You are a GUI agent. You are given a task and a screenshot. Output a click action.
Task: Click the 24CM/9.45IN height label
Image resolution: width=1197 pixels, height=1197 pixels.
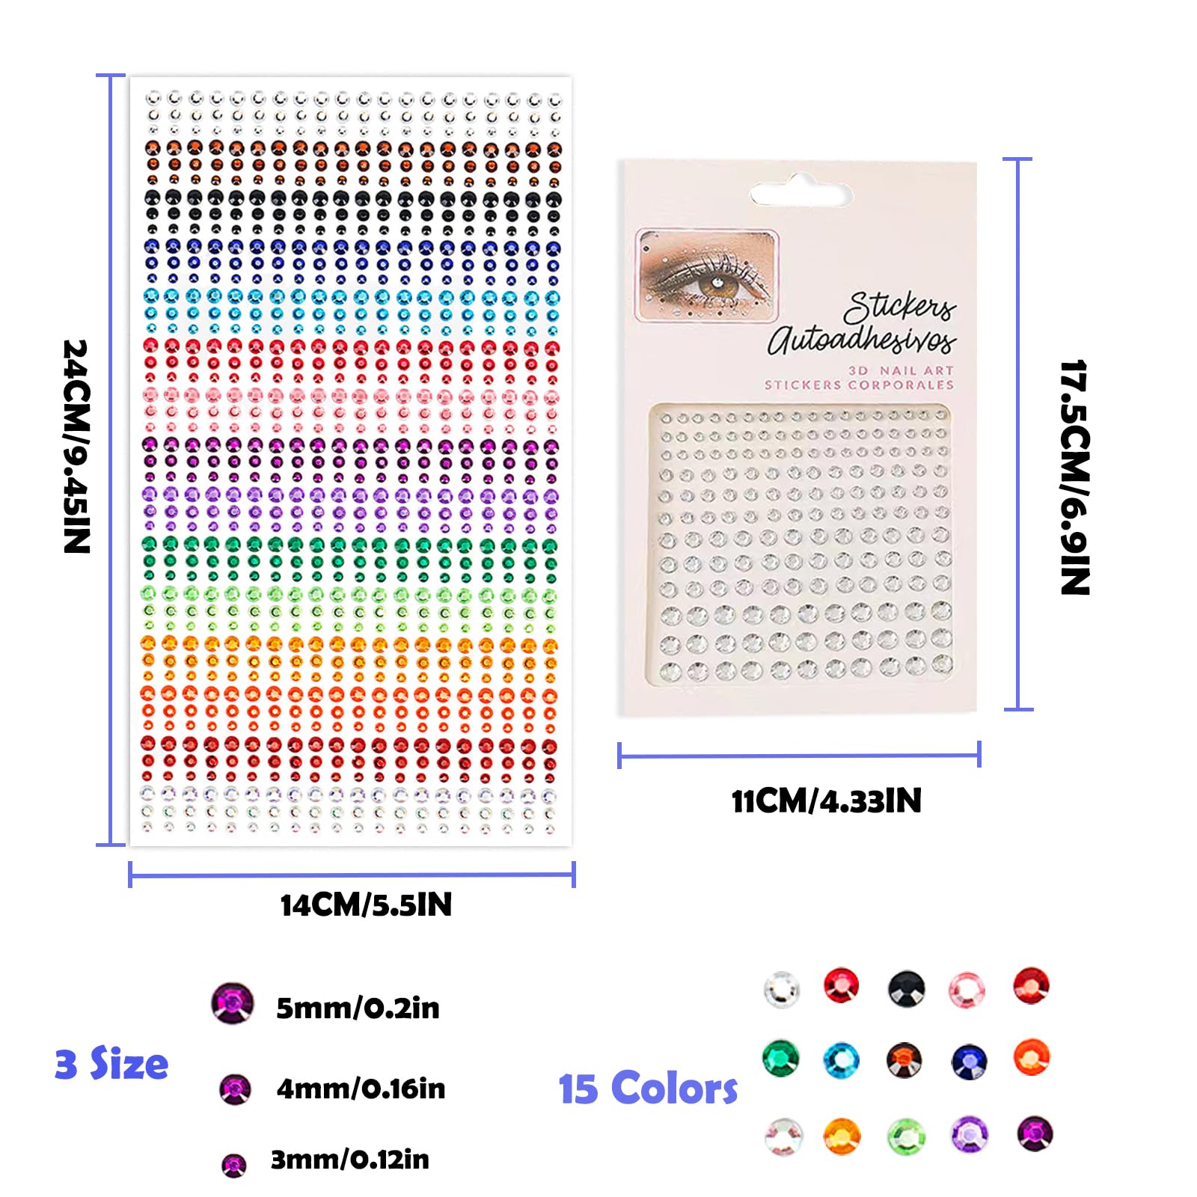click(77, 447)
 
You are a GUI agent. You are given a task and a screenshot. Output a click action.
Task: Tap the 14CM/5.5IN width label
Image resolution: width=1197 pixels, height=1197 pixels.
click(366, 905)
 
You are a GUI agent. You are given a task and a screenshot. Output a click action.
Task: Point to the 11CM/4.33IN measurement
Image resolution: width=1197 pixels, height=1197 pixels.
click(826, 801)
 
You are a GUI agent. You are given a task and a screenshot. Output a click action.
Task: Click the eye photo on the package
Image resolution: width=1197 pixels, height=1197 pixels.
click(707, 275)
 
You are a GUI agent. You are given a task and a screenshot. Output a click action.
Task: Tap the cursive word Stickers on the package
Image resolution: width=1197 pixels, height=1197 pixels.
click(899, 307)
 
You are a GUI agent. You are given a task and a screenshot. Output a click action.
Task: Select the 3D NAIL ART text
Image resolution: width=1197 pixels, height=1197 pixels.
click(901, 370)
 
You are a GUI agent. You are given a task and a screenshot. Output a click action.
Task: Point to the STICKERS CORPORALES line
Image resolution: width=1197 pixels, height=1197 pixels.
click(859, 385)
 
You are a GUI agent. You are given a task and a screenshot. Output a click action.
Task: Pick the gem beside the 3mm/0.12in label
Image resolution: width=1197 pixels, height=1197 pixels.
click(234, 1165)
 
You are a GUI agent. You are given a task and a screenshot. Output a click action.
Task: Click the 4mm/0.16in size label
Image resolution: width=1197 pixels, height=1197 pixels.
click(361, 1089)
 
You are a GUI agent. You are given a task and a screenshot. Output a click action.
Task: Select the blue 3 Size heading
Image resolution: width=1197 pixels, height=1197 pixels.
click(111, 1064)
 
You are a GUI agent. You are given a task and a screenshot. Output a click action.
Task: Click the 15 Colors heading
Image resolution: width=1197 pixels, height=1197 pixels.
click(648, 1089)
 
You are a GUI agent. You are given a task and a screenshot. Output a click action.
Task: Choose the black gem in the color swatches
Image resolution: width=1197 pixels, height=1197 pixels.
click(907, 988)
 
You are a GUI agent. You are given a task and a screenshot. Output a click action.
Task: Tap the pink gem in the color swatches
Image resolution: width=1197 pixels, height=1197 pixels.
click(967, 990)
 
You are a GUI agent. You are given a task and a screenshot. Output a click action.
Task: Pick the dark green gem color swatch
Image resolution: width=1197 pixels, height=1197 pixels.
click(781, 1059)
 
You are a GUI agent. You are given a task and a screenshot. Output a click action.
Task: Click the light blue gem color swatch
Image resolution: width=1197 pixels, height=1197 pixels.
click(842, 1060)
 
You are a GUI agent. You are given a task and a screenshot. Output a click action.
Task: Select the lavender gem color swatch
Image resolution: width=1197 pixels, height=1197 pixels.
click(970, 1135)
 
